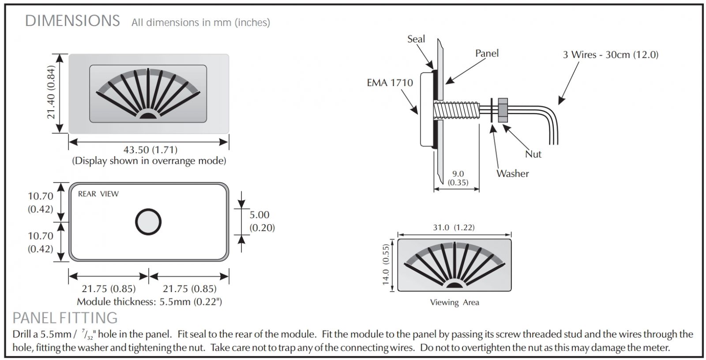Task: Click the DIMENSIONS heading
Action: [x=72, y=21]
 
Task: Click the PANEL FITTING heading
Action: [x=65, y=318]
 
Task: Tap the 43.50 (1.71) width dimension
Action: [x=150, y=150]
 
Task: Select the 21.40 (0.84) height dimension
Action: [x=52, y=93]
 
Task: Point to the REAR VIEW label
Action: [x=98, y=194]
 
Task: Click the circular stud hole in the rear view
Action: [x=148, y=221]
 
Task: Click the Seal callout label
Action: [x=416, y=39]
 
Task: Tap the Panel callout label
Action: [x=487, y=53]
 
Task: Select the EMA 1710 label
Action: [x=390, y=82]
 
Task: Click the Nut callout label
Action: [x=533, y=154]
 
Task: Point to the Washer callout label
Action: [x=512, y=173]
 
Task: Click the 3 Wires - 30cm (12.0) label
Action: [x=610, y=55]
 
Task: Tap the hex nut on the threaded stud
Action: [x=502, y=110]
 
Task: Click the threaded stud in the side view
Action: [x=457, y=110]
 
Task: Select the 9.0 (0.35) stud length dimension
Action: [x=458, y=178]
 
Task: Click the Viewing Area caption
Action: [x=454, y=303]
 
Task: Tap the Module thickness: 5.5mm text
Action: [x=149, y=302]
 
